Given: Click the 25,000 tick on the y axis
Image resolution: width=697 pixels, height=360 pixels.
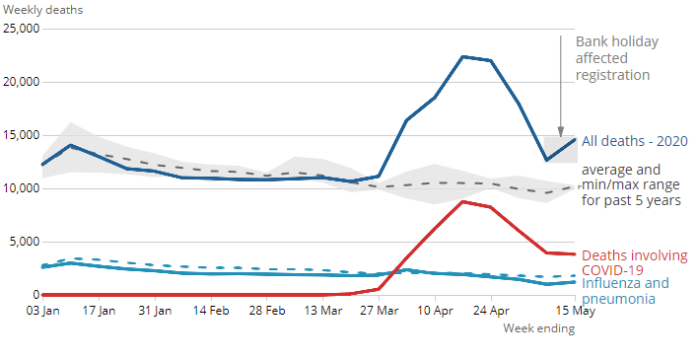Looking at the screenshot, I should tap(20, 29).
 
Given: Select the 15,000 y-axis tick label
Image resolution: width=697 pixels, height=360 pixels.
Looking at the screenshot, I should tap(20, 135).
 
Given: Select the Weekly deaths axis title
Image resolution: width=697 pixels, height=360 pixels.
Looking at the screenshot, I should tap(41, 9).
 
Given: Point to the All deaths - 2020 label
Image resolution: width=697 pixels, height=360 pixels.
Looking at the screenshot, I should tap(635, 141).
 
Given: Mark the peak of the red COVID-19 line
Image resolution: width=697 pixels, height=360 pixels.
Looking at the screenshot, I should tap(462, 201).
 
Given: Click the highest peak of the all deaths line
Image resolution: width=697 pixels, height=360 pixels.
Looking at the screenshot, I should tap(462, 56).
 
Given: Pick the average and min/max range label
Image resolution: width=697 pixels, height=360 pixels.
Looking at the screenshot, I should tap(631, 184).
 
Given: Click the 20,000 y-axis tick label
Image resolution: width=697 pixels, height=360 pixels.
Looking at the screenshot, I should tap(20, 82).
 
